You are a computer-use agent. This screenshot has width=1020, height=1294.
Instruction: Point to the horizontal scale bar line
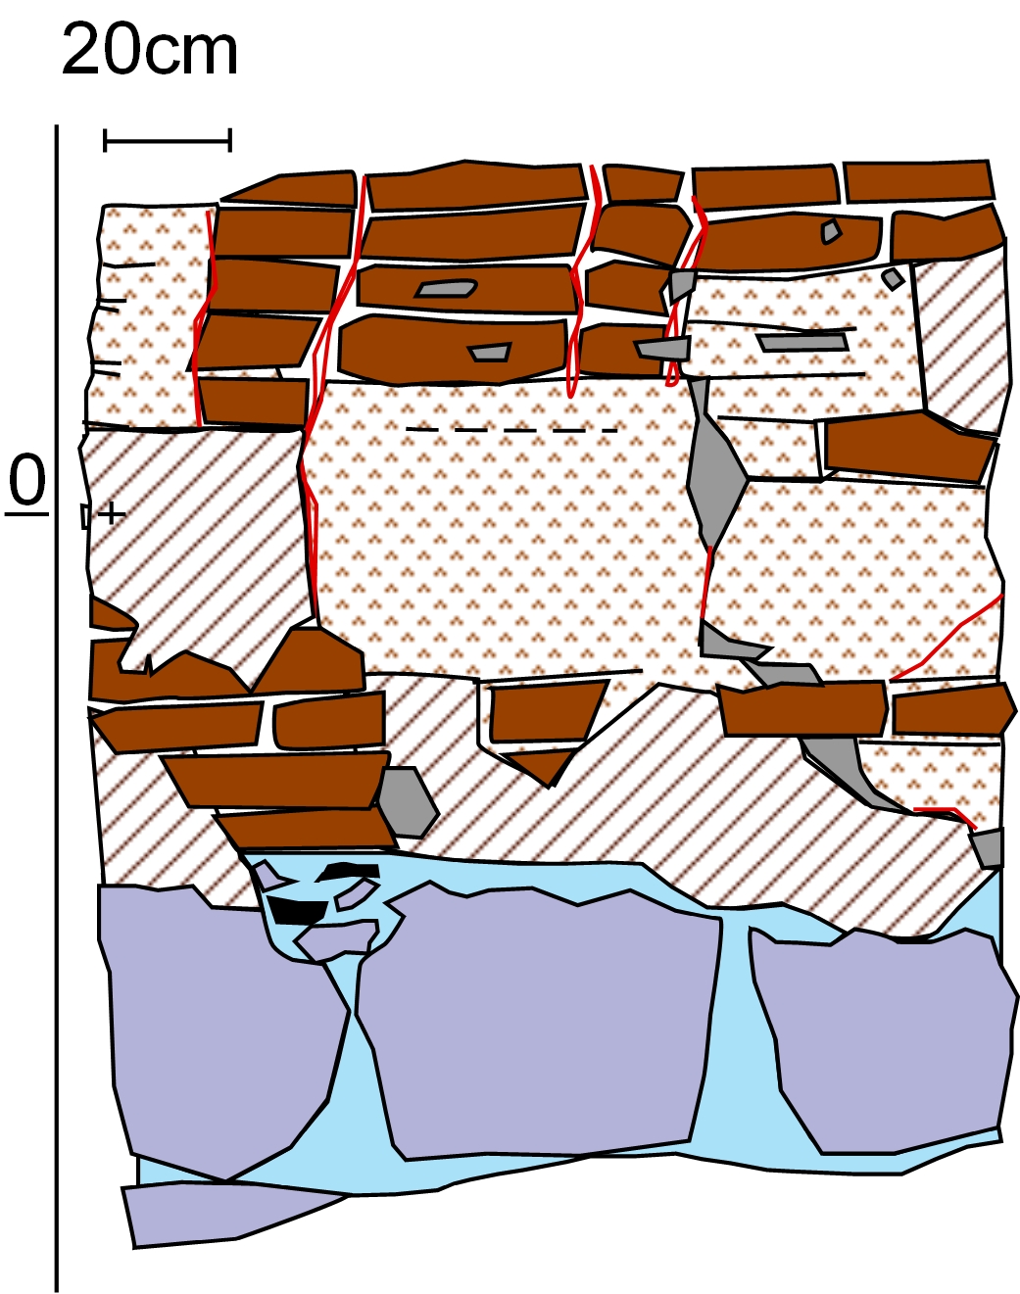pyautogui.click(x=168, y=141)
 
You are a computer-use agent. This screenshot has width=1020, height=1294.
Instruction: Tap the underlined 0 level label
pyautogui.click(x=27, y=484)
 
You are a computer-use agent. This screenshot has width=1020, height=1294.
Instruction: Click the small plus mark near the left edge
pyautogui.click(x=112, y=514)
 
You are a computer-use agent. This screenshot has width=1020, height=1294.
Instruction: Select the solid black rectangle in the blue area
pyautogui.click(x=298, y=910)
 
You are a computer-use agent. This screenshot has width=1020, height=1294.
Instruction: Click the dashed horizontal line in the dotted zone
pyautogui.click(x=511, y=430)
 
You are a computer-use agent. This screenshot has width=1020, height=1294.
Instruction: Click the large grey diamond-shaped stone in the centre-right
pyautogui.click(x=715, y=463)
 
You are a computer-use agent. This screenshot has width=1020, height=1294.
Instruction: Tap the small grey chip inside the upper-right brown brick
pyautogui.click(x=831, y=232)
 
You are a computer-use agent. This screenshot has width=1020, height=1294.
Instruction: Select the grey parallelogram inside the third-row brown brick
pyautogui.click(x=446, y=289)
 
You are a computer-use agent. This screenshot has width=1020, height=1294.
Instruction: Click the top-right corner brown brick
pyautogui.click(x=918, y=181)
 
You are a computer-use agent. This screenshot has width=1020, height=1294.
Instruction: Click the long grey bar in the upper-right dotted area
pyautogui.click(x=802, y=344)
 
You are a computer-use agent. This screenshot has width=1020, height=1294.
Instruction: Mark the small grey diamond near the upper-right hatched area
pyautogui.click(x=893, y=279)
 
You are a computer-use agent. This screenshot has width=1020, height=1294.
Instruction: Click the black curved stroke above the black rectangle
pyautogui.click(x=350, y=871)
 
